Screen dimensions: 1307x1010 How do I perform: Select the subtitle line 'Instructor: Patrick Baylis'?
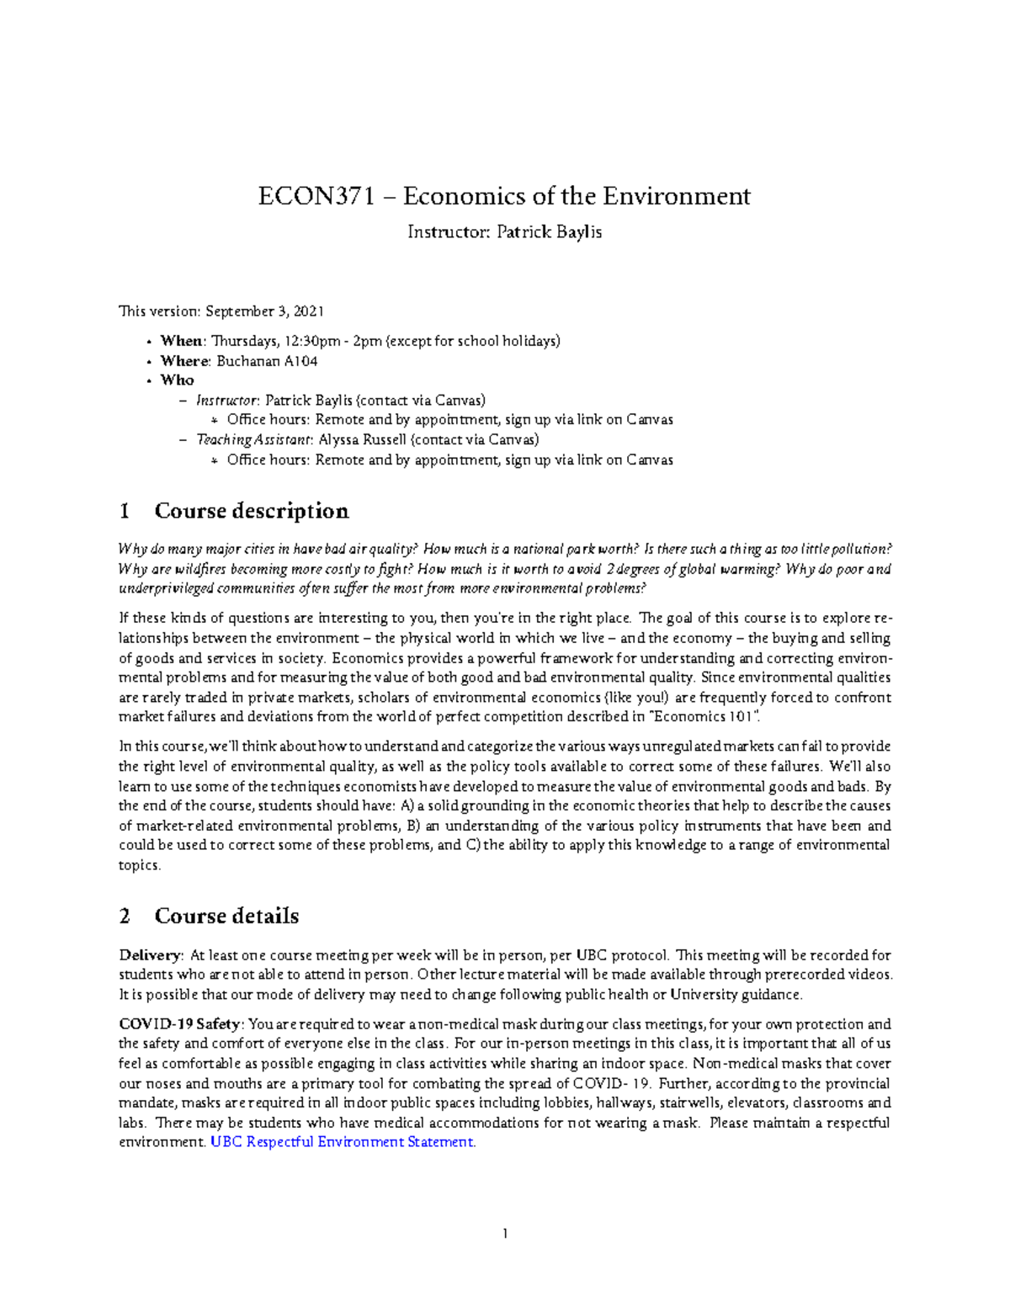tap(504, 232)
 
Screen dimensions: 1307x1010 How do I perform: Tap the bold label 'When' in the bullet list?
tap(181, 341)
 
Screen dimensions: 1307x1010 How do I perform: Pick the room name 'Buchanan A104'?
tap(267, 361)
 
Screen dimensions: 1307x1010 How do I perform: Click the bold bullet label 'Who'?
tap(178, 380)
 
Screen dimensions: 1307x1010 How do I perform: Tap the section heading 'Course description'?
tap(251, 512)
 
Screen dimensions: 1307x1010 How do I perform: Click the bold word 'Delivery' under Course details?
tap(150, 956)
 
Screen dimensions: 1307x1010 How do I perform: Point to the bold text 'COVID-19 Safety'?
tap(180, 1025)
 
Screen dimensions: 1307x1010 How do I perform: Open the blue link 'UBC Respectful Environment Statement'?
tap(341, 1143)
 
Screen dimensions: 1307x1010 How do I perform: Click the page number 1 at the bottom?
tap(504, 1235)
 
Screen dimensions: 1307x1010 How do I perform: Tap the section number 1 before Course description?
tap(125, 512)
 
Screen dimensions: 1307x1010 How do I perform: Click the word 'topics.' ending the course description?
tap(139, 866)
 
